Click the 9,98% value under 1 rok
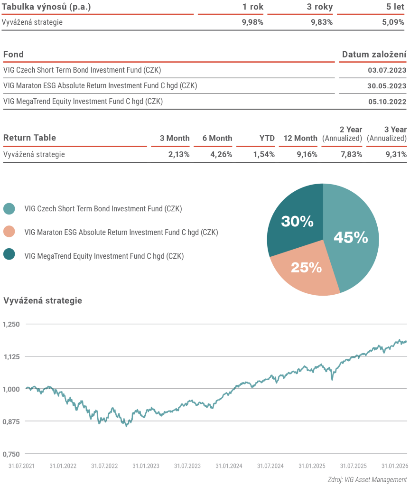(252, 22)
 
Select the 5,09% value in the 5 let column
(394, 22)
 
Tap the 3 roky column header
(319, 7)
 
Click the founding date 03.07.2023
(387, 70)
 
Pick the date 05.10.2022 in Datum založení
(387, 101)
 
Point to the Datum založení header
(374, 55)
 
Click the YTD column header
(267, 138)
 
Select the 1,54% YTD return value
(264, 154)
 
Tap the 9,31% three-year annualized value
(395, 154)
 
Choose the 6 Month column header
(217, 138)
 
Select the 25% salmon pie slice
(306, 268)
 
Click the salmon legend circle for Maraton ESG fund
(9, 232)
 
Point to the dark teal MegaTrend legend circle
(9, 255)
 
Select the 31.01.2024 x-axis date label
(229, 466)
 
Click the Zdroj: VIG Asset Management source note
(367, 479)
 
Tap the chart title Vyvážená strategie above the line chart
(43, 300)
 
